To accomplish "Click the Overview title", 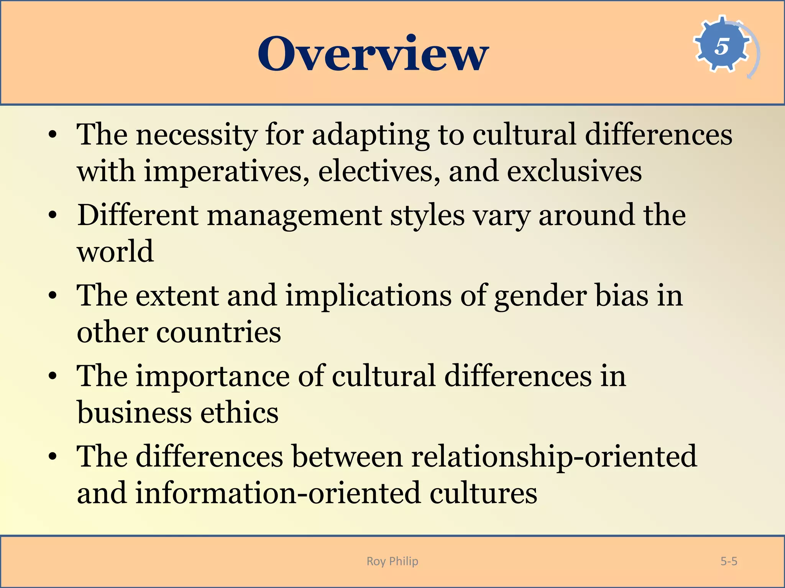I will [373, 54].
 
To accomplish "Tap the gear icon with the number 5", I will [722, 46].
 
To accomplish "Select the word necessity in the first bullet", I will [196, 135].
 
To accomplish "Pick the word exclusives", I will [574, 171].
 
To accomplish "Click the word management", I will [294, 216].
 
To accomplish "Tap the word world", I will [115, 252].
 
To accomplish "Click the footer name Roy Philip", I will [392, 561].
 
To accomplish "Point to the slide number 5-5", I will [729, 561].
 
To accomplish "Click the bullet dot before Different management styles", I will [53, 215].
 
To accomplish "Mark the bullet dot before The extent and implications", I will [53, 296].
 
